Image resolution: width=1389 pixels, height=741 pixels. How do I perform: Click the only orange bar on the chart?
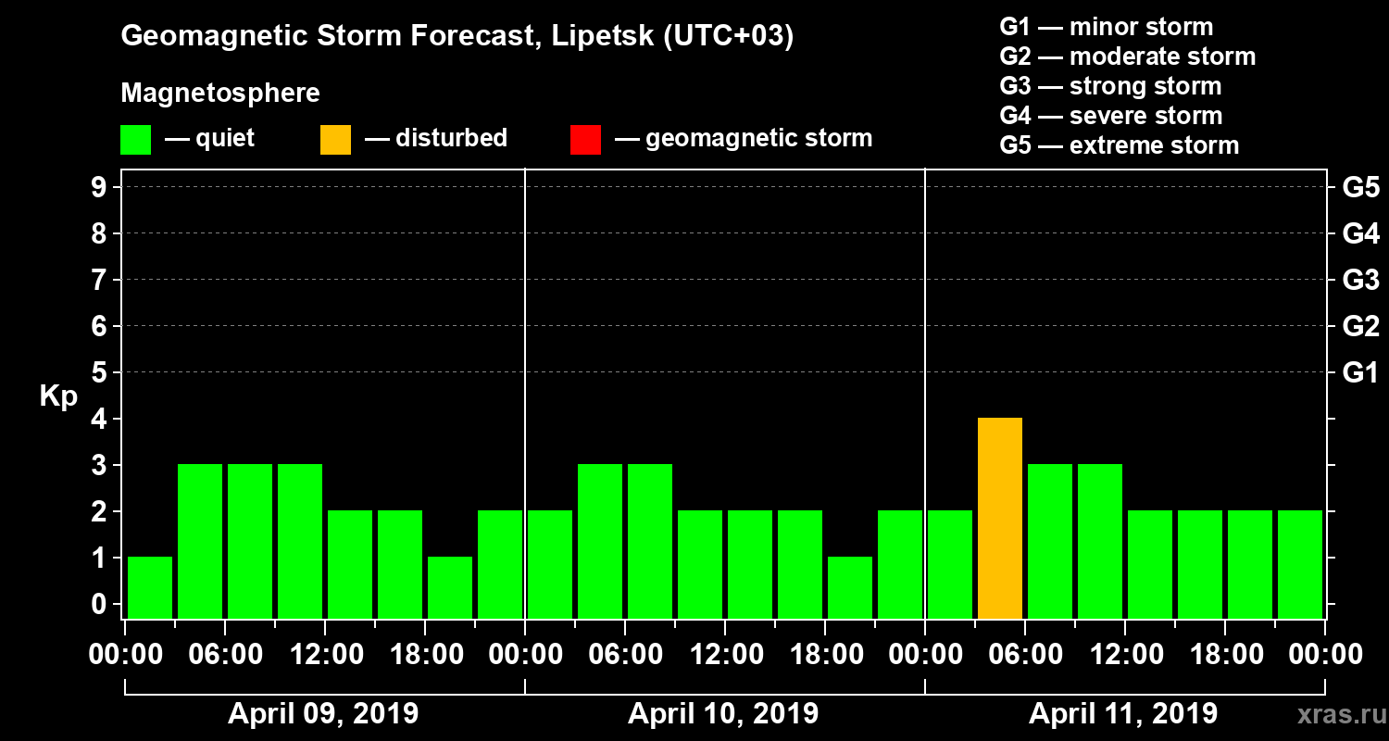(1000, 518)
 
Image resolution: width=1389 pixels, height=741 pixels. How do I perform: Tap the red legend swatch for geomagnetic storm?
(586, 139)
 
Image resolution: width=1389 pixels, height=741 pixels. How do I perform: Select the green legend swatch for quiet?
(135, 139)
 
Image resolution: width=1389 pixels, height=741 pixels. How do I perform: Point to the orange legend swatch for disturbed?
(335, 139)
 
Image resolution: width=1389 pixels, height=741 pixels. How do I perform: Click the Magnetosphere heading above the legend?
(220, 94)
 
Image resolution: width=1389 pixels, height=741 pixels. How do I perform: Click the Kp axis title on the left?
(57, 396)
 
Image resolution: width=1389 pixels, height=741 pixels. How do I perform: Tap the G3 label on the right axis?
(1360, 280)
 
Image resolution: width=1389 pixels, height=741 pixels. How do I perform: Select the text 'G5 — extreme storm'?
(1119, 145)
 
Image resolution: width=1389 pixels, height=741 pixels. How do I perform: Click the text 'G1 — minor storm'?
(1106, 27)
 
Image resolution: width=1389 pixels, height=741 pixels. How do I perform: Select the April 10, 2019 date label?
(723, 714)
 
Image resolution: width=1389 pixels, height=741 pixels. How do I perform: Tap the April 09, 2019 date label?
(323, 714)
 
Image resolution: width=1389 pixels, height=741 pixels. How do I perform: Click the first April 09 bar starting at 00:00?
(150, 587)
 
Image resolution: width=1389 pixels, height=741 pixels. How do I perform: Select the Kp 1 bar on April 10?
(850, 587)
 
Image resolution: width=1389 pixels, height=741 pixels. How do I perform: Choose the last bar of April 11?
(1300, 564)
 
